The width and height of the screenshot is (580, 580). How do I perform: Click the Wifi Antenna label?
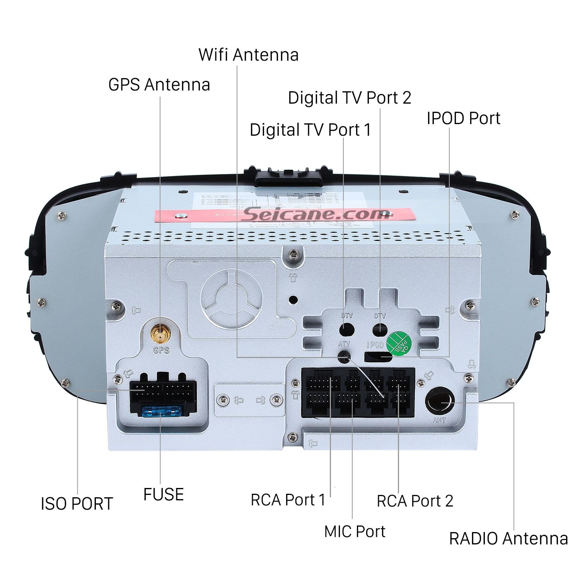click(248, 55)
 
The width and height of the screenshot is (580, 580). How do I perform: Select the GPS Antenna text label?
click(159, 85)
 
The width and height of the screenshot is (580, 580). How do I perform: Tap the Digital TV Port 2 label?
click(349, 98)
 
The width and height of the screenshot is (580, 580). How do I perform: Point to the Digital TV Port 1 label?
click(310, 130)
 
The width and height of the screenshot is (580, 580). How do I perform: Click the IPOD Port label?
click(463, 118)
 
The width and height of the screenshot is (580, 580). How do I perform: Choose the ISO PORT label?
click(77, 504)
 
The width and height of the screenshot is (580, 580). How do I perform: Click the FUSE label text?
click(163, 495)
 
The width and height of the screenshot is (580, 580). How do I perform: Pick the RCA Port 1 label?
click(288, 500)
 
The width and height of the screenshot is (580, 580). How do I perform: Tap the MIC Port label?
click(355, 532)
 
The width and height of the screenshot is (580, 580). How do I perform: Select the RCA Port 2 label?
click(415, 501)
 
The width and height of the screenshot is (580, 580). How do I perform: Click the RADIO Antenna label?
click(508, 539)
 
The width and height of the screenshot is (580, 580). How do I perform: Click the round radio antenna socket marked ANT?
click(440, 401)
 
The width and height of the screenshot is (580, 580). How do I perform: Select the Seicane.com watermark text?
click(315, 213)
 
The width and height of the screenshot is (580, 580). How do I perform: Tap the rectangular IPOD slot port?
click(378, 357)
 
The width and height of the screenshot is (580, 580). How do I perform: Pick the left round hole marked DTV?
click(346, 330)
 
